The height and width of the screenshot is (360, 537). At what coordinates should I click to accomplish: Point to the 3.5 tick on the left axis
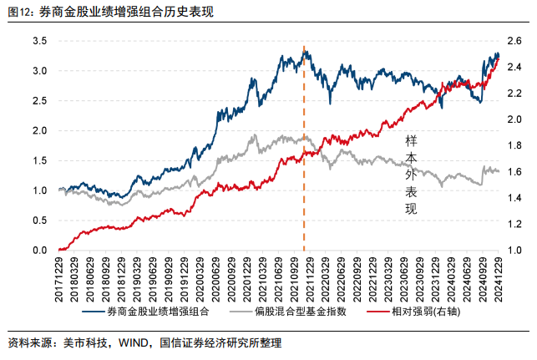pyautogui.click(x=40, y=41)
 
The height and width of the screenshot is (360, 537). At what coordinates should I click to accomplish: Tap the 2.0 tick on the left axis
pyautogui.click(x=40, y=131)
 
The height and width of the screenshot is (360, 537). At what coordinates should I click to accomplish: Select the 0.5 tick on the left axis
pyautogui.click(x=40, y=221)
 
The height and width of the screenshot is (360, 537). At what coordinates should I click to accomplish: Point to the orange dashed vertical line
pyautogui.click(x=304, y=167)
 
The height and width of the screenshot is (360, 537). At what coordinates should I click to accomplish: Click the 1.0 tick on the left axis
pyautogui.click(x=40, y=190)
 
